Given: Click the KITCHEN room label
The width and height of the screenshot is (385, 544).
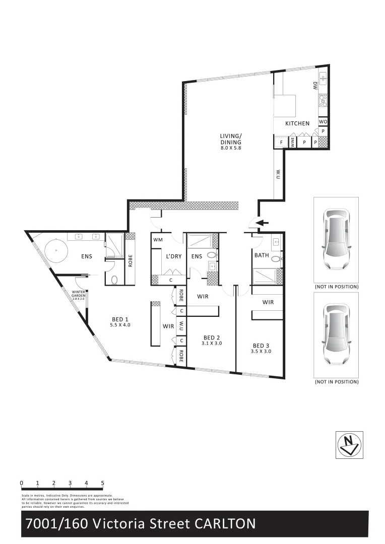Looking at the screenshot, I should click(297, 123).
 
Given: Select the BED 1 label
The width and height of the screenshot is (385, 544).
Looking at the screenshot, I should click(120, 322).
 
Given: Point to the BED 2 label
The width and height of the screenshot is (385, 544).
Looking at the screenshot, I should click(212, 340).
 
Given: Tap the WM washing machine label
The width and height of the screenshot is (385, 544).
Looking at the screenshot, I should click(158, 239).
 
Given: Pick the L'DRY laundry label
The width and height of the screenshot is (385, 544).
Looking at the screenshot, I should click(173, 256).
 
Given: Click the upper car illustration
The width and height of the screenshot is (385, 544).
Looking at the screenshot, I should click(336, 240).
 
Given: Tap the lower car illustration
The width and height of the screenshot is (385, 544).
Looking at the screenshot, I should click(336, 334).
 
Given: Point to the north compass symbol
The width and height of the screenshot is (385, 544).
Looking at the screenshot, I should click(348, 445).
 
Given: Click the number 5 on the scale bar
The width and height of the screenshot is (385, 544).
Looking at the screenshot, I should click(103, 483).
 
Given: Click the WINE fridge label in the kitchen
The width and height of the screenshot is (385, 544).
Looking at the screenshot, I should click(292, 143).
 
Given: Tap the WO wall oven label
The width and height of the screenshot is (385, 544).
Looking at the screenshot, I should click(323, 122).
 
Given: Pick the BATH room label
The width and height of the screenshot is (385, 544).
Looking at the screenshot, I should click(262, 255).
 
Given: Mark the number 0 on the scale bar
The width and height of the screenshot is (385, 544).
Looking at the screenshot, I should click(22, 483).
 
